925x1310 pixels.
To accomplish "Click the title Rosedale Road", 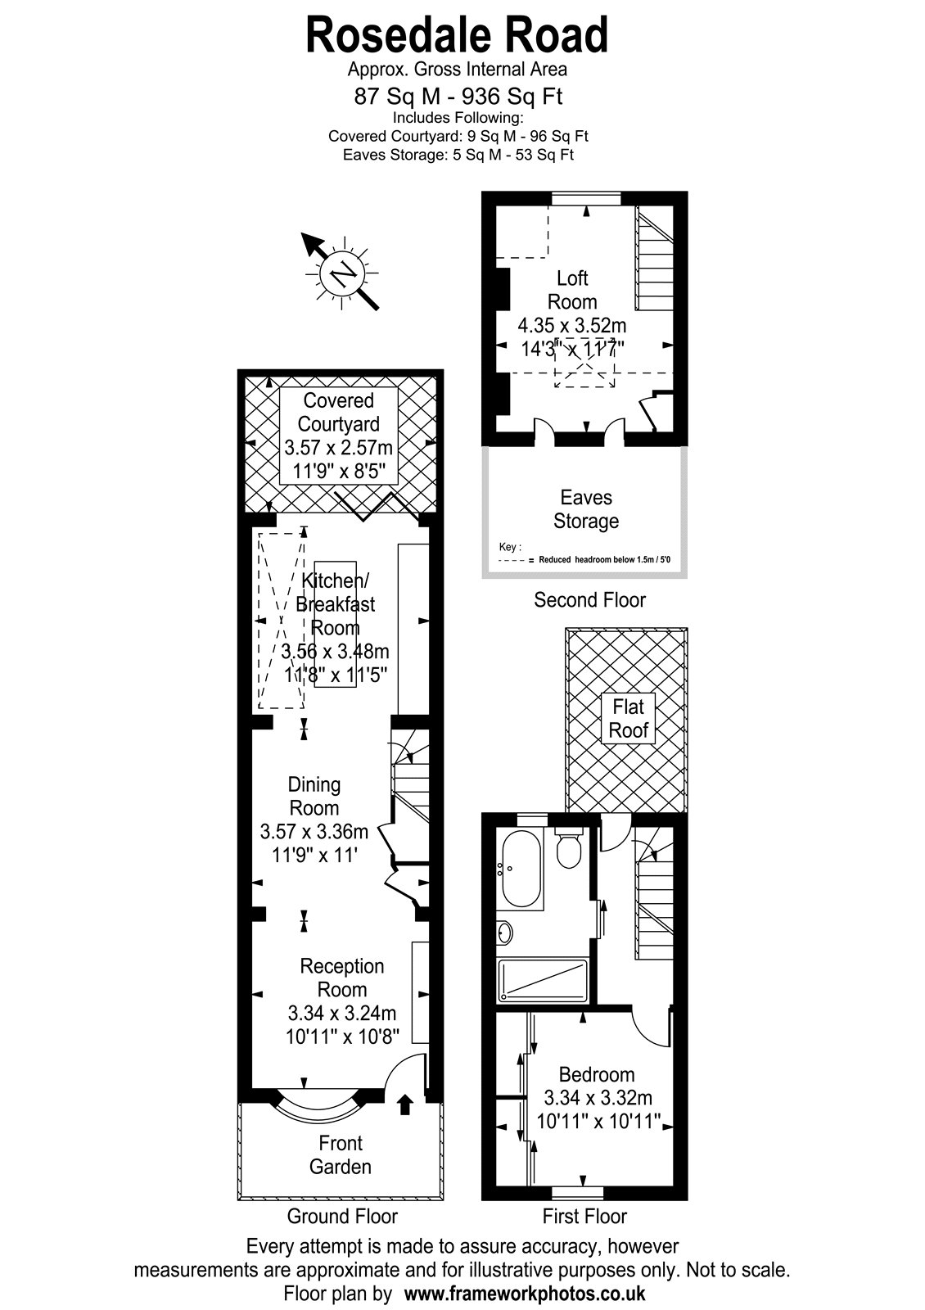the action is [x=457, y=35].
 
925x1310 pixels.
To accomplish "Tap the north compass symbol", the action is [x=343, y=273].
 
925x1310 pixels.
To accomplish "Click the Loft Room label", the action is [x=572, y=290].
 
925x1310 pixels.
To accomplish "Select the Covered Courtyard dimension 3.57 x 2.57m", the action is [x=339, y=447].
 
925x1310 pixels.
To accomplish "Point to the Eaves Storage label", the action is [x=586, y=508].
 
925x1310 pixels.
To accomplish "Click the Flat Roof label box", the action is [x=629, y=719].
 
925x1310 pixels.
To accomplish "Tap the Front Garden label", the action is [x=341, y=1155].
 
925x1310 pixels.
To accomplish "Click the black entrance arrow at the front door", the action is [x=405, y=1104].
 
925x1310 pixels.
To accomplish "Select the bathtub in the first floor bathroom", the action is [x=521, y=868].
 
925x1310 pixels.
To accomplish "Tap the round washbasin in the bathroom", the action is [x=504, y=932].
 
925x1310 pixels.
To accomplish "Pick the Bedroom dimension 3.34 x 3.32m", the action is [x=598, y=1098].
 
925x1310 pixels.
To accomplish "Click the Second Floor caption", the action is [x=589, y=600].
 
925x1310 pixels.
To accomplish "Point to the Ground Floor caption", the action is [x=342, y=1217].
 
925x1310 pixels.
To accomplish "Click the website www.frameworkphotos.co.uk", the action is [x=525, y=1291].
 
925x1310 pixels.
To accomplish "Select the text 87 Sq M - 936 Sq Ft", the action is [x=458, y=96].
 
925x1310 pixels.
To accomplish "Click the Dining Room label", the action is [x=314, y=796].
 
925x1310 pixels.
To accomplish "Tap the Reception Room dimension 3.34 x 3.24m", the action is [x=342, y=1012].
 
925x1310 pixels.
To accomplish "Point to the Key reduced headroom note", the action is [x=584, y=554].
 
